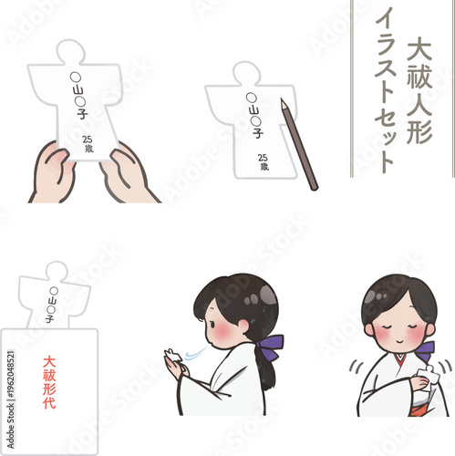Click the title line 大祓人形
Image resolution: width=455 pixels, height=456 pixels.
click(x=419, y=88)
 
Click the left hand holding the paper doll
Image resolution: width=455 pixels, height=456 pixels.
click(x=54, y=174)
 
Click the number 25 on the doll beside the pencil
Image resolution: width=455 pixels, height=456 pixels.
click(x=263, y=156)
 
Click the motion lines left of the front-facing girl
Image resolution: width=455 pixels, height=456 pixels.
click(x=357, y=370)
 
